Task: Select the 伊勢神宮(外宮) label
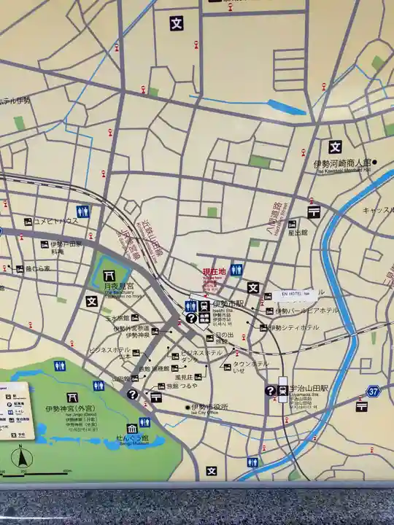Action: pyautogui.click(x=66, y=409)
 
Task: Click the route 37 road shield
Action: pyautogui.click(x=374, y=392)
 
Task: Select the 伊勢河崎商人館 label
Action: pyautogui.click(x=341, y=163)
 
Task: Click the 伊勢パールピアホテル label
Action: pyautogui.click(x=307, y=311)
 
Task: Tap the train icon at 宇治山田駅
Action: pyautogui.click(x=283, y=390)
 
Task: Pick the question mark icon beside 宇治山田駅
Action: pyautogui.click(x=271, y=391)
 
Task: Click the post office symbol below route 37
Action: pyautogui.click(x=361, y=405)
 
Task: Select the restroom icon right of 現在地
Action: pyautogui.click(x=236, y=270)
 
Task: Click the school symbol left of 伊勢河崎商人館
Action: pyautogui.click(x=335, y=147)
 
